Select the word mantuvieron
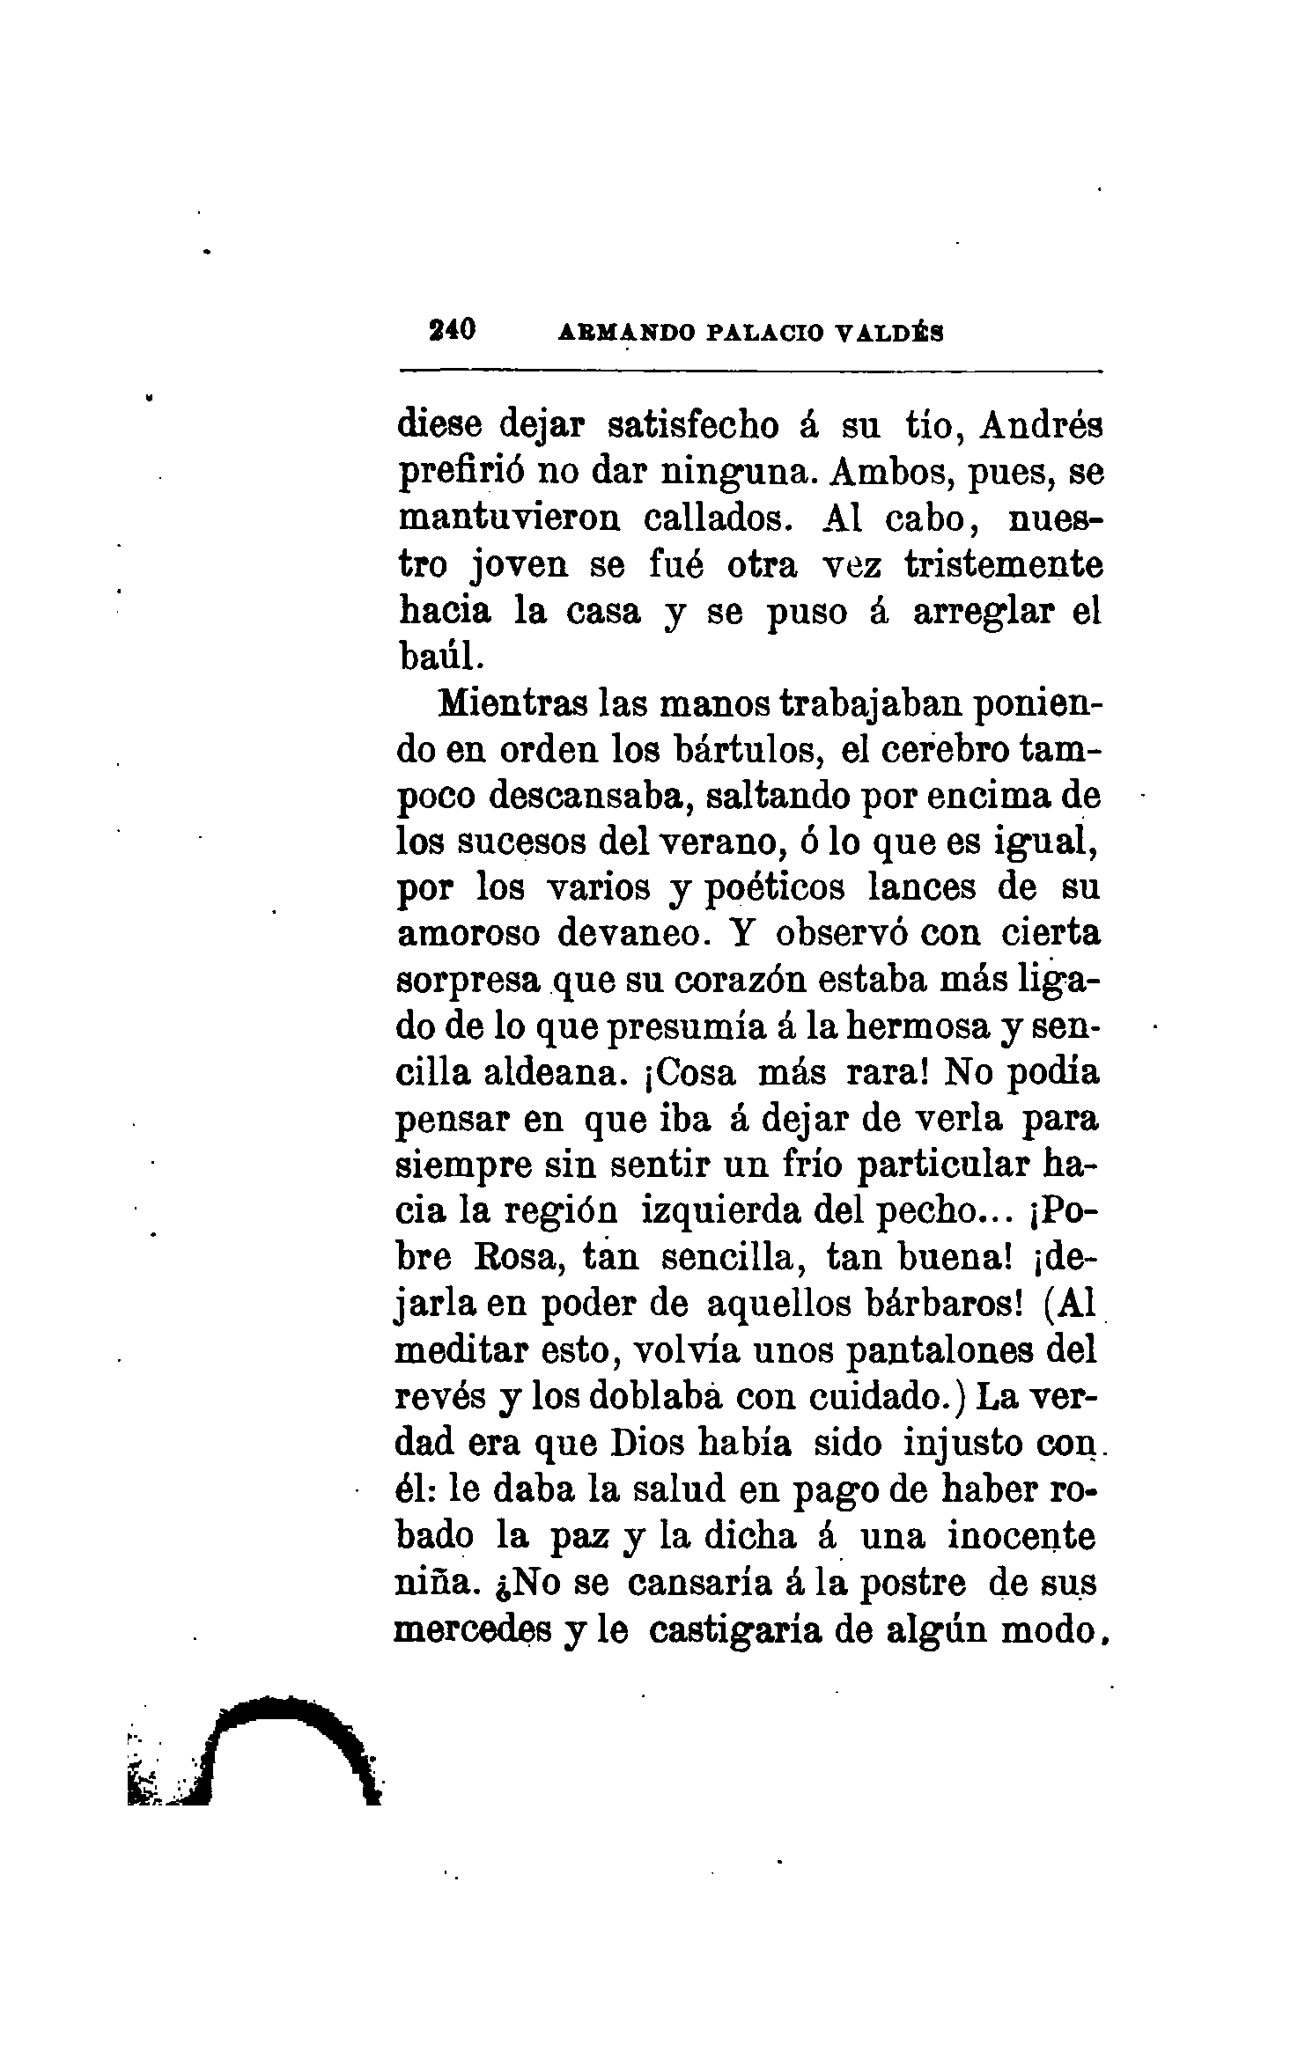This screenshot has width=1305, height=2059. click(x=508, y=518)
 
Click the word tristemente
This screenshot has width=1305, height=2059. click(x=1003, y=564)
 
